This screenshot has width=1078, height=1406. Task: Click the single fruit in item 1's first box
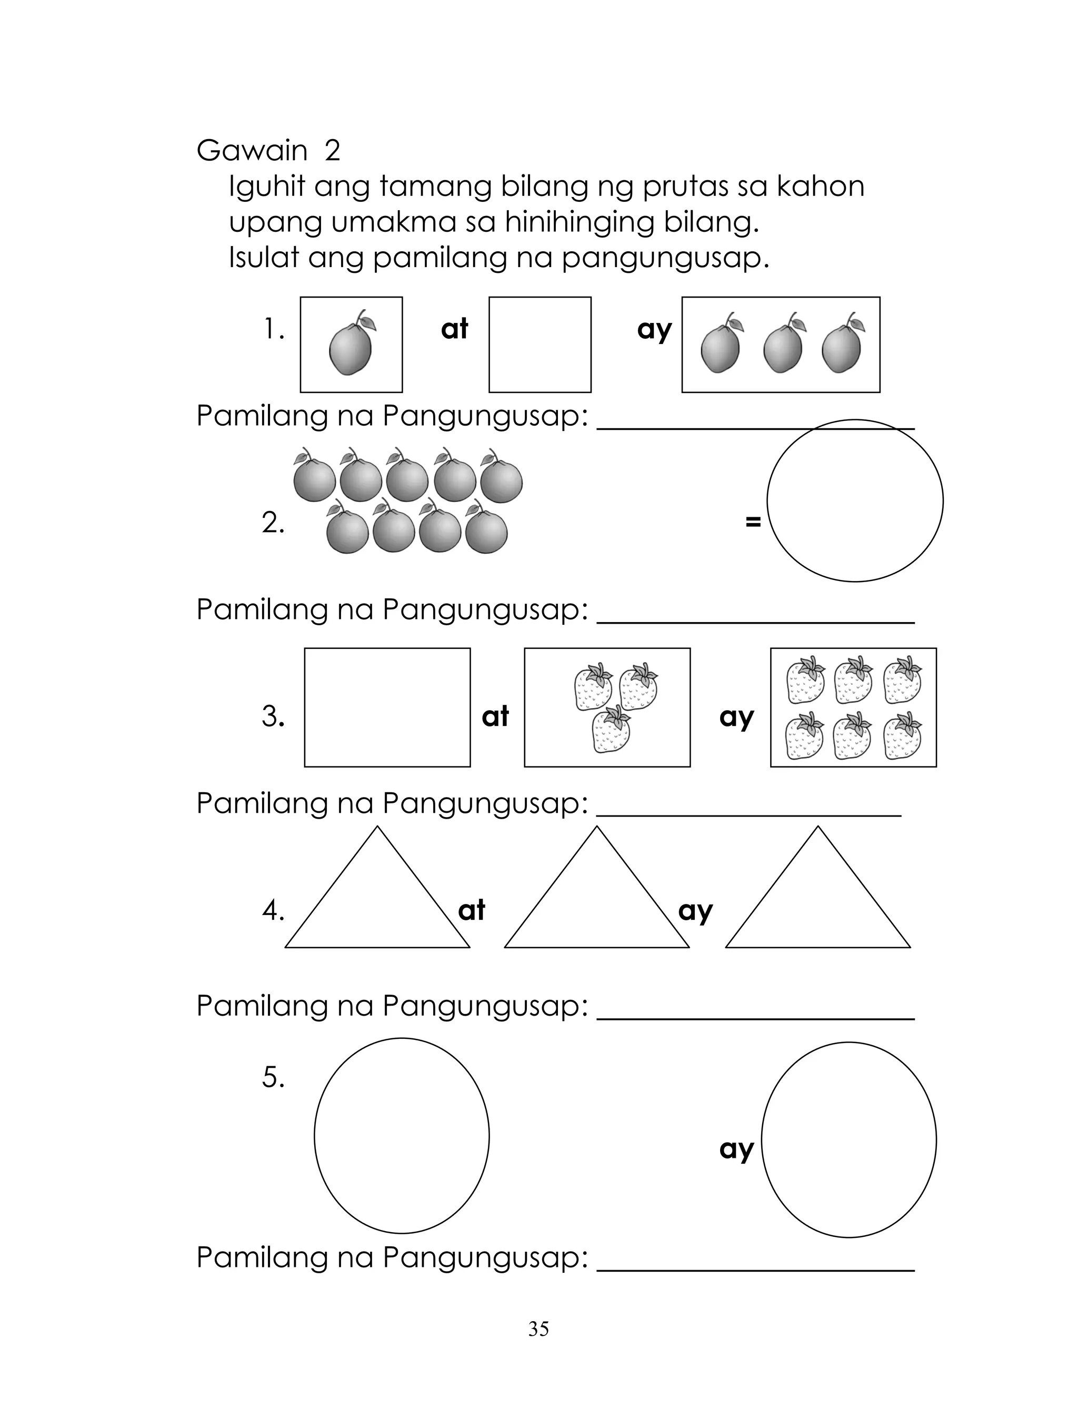pos(351,347)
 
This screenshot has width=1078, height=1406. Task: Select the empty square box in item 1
pos(540,344)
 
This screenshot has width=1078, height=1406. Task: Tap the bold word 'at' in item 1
pos(454,329)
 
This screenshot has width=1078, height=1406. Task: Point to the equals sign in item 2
pos(753,522)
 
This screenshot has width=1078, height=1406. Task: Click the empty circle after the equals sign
pos(855,501)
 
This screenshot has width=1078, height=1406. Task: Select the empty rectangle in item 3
pos(387,707)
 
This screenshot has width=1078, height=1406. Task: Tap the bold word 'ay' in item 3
pos(736,716)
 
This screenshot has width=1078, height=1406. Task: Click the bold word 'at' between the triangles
pos(472,910)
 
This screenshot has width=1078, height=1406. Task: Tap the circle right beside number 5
pos(401,1135)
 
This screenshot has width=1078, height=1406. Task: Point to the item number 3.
pos(273,716)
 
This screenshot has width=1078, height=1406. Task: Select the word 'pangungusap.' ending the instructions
pos(665,258)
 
